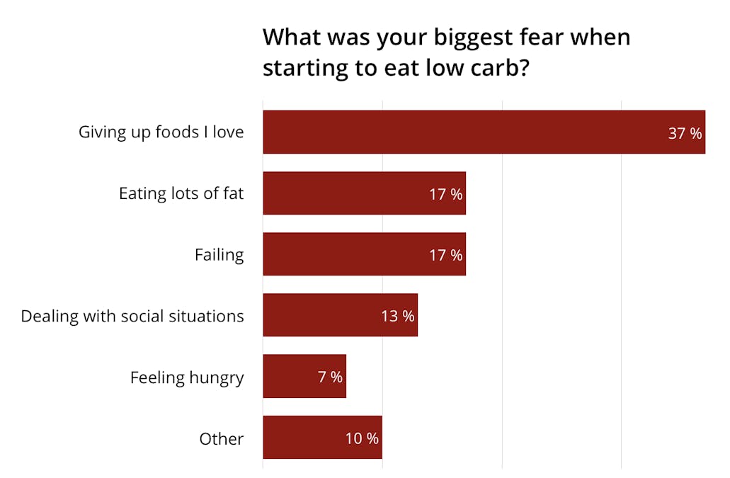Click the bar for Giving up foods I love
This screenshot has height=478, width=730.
pos(460,132)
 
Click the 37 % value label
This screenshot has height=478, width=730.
pos(685,133)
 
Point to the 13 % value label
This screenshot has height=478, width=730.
pos(397,316)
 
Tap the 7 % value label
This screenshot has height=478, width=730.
pos(330,377)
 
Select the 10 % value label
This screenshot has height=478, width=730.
pos(362,438)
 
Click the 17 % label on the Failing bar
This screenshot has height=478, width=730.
pos(445,255)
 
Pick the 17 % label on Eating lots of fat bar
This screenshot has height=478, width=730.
pos(445,194)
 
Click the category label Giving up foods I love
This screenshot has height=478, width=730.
pos(161,132)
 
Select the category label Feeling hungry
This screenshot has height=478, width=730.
pos(187,377)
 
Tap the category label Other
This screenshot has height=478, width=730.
pos(221,439)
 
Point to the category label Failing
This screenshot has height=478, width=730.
pos(219,255)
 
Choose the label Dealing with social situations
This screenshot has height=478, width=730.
pos(132,316)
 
